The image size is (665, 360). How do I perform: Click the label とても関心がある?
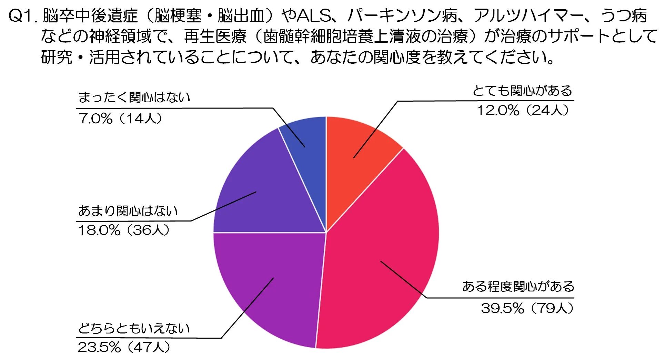point(522,91)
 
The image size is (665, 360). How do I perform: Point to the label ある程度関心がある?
point(518,287)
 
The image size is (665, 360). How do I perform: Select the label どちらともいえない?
point(134,328)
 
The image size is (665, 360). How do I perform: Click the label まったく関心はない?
point(134,97)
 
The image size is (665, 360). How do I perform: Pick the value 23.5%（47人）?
point(124,347)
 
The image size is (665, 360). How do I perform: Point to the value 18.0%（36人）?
point(124,230)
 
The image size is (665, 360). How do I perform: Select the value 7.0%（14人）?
point(120,119)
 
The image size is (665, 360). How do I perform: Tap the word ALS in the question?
point(313,16)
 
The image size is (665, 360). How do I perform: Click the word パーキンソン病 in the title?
point(403,16)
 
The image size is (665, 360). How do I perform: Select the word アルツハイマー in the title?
point(529,16)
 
